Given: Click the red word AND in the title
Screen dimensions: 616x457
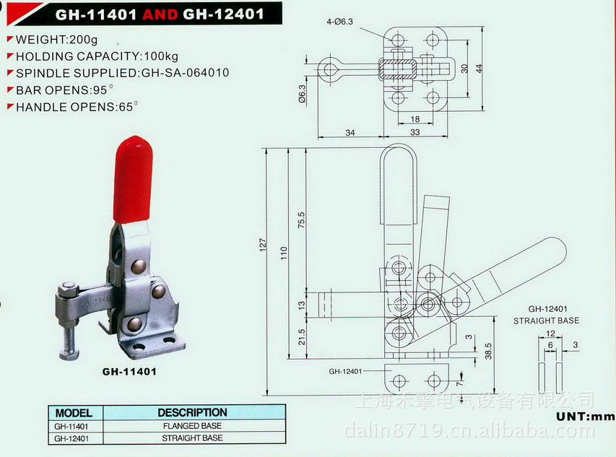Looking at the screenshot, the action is point(160,14).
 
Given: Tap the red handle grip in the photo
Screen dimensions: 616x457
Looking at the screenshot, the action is point(133,178).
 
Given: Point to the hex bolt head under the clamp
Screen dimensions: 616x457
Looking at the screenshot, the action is point(69,355).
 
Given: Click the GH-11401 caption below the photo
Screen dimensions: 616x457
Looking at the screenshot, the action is point(129,371).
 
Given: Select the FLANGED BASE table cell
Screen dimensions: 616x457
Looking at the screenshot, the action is point(192,425).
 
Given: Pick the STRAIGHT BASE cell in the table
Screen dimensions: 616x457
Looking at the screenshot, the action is point(192,438).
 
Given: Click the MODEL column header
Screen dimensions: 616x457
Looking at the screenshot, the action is point(74,413).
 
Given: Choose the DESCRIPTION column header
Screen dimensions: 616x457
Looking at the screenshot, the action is point(193,413).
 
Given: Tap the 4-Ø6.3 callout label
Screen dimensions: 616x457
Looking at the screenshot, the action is point(339,22).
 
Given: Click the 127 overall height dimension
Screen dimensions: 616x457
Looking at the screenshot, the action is point(263,245).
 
